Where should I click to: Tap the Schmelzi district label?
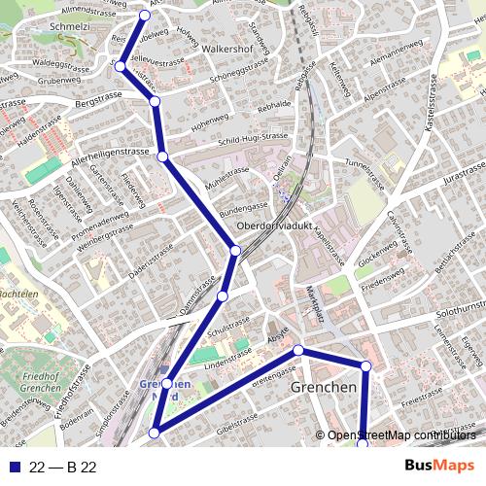coord(29,28)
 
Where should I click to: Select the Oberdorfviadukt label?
coord(279,227)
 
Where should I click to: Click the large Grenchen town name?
coord(324,387)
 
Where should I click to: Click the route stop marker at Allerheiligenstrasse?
coord(162,156)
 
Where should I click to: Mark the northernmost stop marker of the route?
coord(146,15)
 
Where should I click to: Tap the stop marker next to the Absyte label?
coord(298,350)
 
